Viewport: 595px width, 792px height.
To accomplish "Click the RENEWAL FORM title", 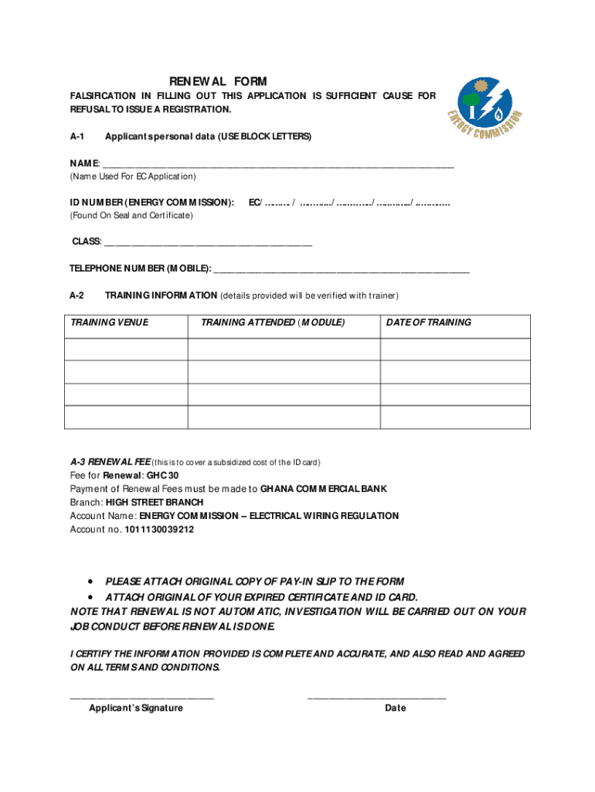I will pos(218,81).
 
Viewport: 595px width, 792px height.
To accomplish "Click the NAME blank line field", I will pos(278,164).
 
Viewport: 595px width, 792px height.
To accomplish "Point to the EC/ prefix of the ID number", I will pos(255,203).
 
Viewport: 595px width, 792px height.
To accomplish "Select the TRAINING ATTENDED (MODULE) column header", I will pos(273,323).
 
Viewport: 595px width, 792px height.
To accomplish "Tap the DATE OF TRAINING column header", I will pos(428,323).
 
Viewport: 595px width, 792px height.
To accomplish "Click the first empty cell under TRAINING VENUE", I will pos(125,350).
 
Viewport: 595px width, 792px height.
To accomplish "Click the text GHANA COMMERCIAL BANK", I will pos(324,489).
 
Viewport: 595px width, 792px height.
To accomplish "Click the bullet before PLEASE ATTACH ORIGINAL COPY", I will pos(92,581).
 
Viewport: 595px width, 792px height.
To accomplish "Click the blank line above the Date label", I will pos(376,698).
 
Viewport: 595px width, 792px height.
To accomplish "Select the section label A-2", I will pos(76,295).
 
